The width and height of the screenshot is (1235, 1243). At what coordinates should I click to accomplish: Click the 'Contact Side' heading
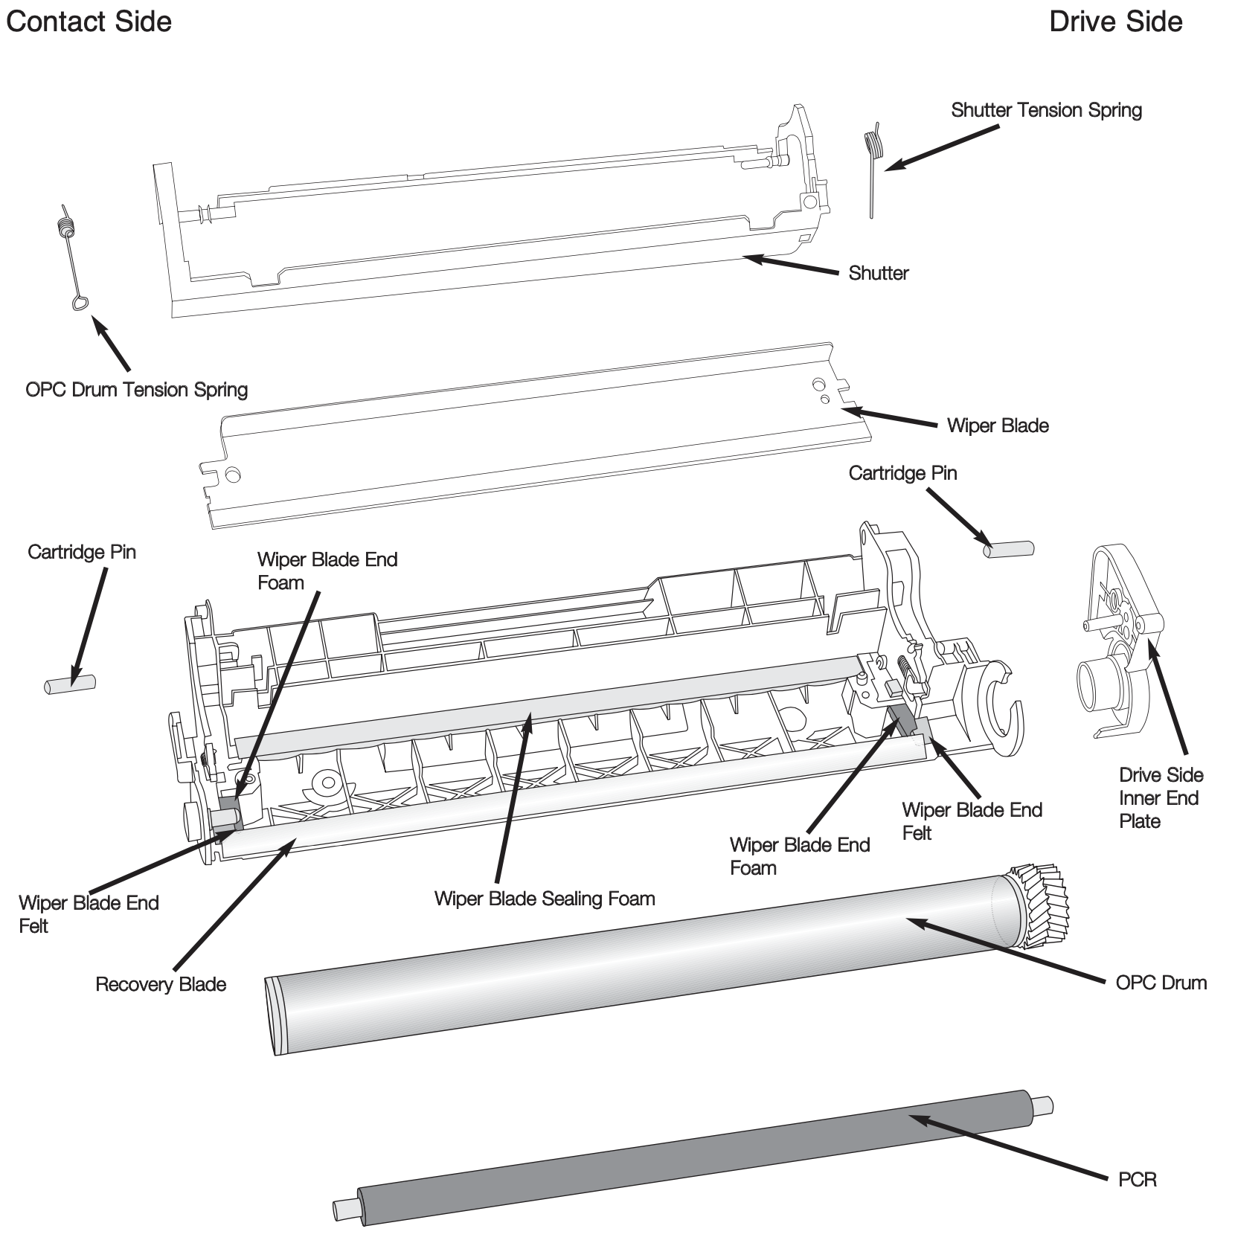[x=89, y=22]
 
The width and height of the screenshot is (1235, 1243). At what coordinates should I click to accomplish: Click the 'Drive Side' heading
[x=1115, y=22]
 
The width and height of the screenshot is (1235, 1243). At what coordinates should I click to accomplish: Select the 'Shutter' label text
[x=878, y=273]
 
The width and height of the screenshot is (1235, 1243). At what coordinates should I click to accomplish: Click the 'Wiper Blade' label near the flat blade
[x=998, y=425]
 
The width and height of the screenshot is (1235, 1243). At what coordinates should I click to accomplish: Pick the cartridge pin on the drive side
[x=1008, y=550]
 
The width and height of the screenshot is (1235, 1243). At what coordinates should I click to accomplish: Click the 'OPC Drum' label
[x=1161, y=983]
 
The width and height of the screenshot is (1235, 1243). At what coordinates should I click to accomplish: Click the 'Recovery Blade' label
[x=161, y=984]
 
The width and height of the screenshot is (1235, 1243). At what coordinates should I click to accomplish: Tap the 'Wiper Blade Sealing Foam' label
[x=545, y=899]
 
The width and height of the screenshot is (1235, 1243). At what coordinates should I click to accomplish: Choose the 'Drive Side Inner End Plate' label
[x=1161, y=798]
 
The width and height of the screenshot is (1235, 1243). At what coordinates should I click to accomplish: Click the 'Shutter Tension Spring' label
[x=1046, y=110]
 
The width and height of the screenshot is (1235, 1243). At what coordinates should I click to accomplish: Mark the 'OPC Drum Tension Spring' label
[x=136, y=389]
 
